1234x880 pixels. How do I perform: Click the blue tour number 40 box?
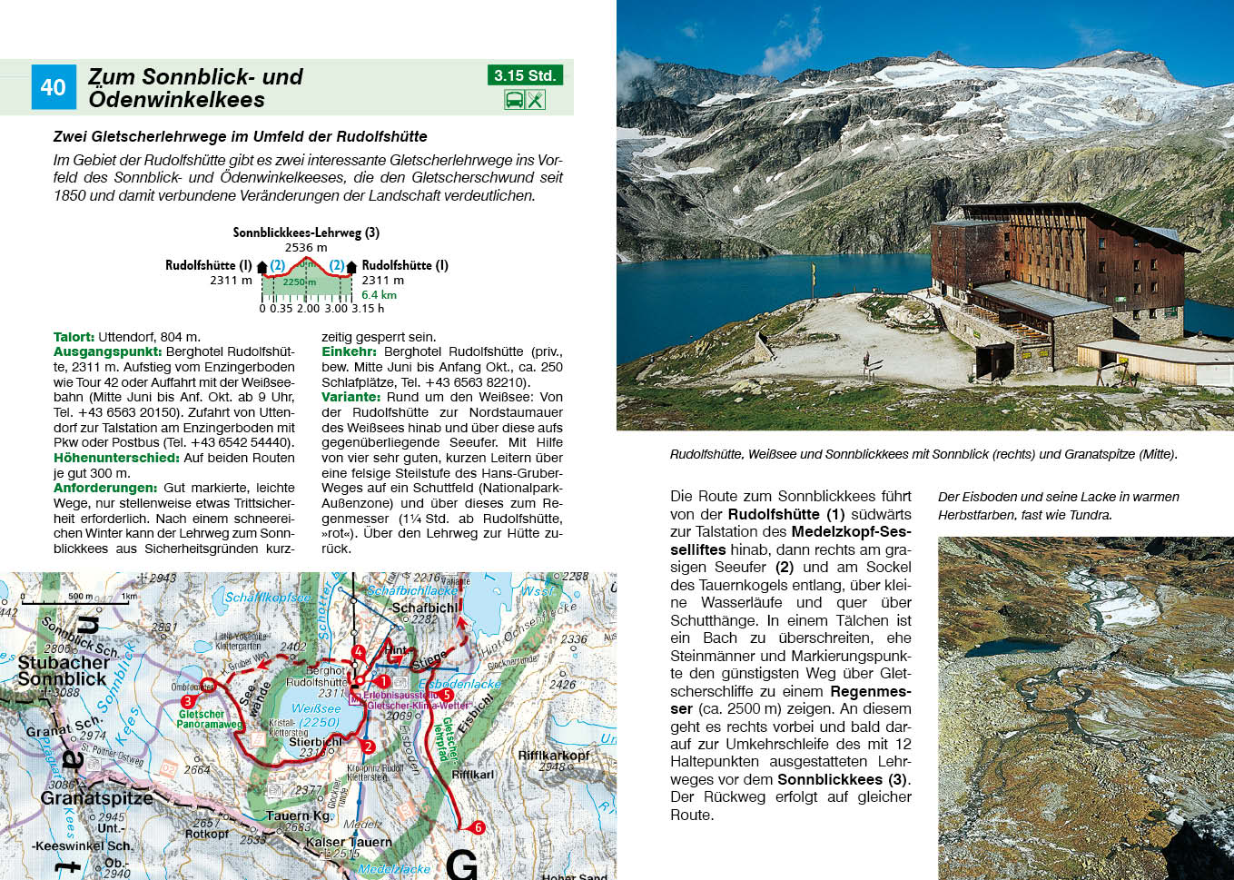tap(53, 87)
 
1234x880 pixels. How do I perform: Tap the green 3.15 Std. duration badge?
tap(525, 75)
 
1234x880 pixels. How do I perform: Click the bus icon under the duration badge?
tap(514, 99)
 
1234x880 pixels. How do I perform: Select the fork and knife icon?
tap(536, 99)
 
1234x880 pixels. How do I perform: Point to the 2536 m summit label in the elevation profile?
tap(306, 247)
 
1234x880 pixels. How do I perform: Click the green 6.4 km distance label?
tap(379, 294)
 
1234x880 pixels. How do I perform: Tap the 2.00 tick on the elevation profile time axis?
tap(308, 309)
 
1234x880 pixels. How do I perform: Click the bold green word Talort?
tap(74, 337)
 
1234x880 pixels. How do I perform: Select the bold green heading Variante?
tap(350, 397)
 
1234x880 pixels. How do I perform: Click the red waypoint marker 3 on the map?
tap(188, 701)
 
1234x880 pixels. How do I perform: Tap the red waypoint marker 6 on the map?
tap(478, 827)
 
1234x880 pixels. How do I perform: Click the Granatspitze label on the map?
tap(96, 799)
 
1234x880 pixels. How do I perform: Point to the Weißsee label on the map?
tap(316, 708)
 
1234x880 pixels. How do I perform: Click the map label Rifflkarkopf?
tap(553, 756)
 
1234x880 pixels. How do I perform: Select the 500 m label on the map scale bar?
tap(81, 597)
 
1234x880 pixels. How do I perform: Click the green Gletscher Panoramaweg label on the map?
tap(209, 719)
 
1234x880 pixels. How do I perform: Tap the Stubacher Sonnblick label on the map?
tap(63, 671)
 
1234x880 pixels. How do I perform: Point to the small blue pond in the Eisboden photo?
tap(999, 648)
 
